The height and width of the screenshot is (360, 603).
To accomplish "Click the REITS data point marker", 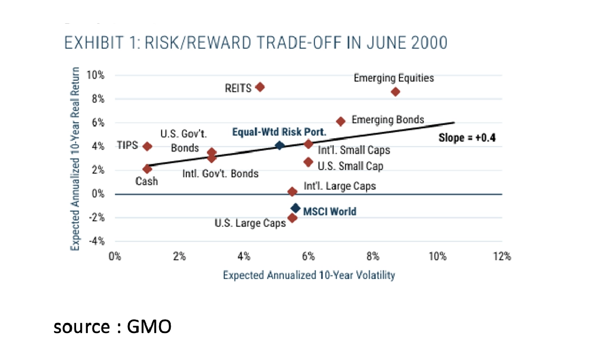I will coord(259,87).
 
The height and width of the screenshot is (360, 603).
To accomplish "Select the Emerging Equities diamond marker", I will coord(395,91).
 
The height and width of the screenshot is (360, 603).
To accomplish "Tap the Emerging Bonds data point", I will coord(341,121).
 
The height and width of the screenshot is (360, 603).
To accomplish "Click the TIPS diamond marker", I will coord(147,146).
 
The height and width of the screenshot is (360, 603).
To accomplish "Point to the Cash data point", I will coord(147,169).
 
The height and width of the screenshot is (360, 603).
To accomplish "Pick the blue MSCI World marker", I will coord(295,208).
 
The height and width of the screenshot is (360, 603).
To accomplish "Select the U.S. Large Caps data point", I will coord(292,218).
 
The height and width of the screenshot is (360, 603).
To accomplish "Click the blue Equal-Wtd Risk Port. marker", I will coord(280,145).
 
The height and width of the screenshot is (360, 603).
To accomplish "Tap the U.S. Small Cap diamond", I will coord(309,162).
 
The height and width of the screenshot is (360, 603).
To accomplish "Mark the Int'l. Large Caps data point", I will coord(292,191).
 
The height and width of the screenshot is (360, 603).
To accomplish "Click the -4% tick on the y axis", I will coord(97,241).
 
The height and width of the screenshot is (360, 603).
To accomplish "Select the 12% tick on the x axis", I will coord(501,257).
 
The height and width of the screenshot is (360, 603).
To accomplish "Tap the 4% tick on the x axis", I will coord(244,257).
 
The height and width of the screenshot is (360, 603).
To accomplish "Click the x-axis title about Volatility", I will coord(309,275).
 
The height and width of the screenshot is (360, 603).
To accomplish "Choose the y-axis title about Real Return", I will coord(76,159).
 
